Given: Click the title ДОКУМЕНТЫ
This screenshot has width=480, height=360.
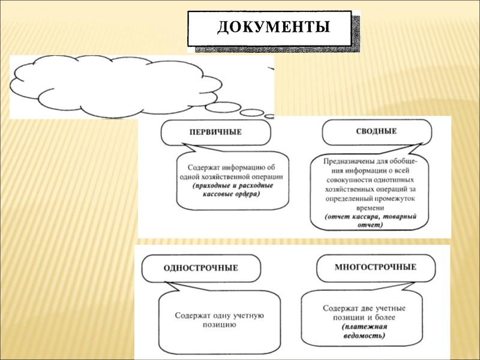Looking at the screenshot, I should click(x=273, y=28).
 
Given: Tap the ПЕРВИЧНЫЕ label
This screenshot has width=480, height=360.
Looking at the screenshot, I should click(x=211, y=132).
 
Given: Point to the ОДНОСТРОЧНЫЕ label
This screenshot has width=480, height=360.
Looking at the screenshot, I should click(x=200, y=268).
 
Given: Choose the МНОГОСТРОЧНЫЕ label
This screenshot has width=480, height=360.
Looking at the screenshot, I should click(x=375, y=266).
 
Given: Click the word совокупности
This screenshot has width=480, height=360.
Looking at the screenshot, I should click(x=349, y=179).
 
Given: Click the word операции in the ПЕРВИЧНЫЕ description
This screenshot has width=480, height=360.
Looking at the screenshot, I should click(x=262, y=178).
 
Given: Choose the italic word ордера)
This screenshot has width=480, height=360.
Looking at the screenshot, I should click(x=247, y=194).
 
